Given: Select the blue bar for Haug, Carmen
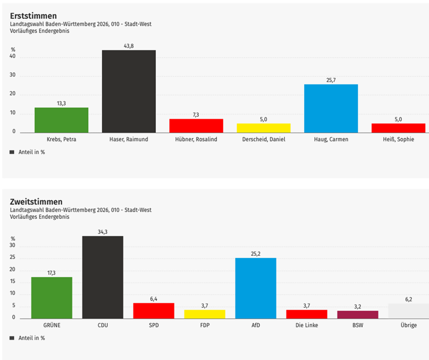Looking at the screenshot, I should [x=331, y=109].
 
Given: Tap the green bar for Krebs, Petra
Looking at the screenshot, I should [x=61, y=120].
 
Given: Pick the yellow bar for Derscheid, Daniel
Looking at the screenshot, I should [x=264, y=128].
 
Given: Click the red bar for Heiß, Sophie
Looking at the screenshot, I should [x=398, y=128].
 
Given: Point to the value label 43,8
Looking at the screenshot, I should [x=129, y=46].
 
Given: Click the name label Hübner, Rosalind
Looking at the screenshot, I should [x=196, y=139].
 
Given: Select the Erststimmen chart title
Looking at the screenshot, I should [x=33, y=16].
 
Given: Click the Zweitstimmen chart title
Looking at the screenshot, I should [x=36, y=202].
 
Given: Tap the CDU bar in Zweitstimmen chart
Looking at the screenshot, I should [x=103, y=277].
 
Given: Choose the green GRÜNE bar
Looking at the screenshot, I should [x=52, y=298].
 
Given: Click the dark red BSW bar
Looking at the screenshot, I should [x=358, y=314].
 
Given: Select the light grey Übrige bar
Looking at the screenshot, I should [x=408, y=311].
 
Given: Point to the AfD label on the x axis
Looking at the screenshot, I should [x=256, y=325].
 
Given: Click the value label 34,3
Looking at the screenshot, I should [x=103, y=232].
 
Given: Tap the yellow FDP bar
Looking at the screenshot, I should [x=204, y=314].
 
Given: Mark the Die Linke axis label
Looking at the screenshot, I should [x=307, y=325].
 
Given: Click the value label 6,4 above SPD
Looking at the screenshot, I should [x=154, y=299].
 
